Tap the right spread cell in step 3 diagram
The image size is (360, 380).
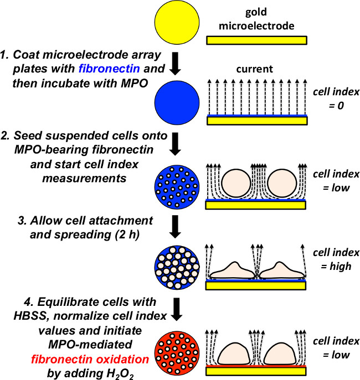click(282, 269)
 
